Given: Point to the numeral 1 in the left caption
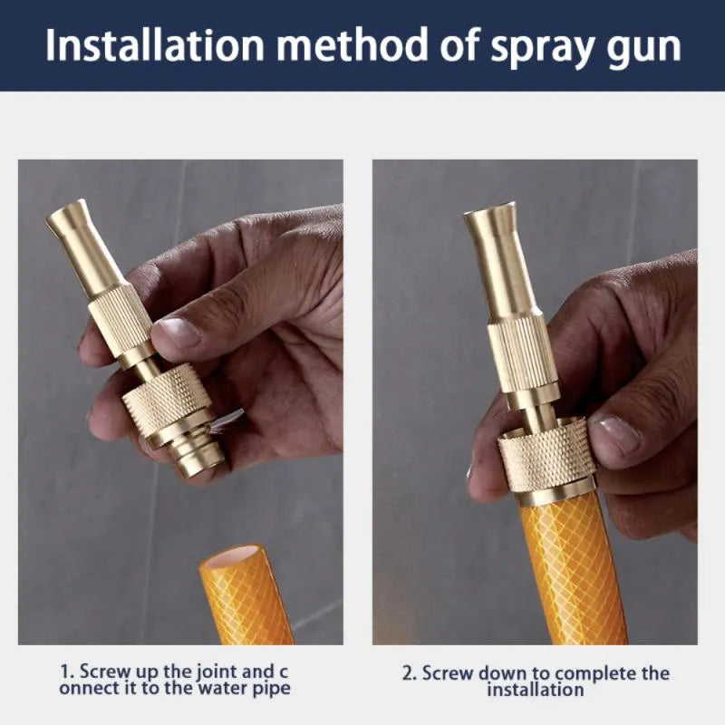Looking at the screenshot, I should tap(66, 672).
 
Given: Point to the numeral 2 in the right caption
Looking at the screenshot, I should tap(408, 673).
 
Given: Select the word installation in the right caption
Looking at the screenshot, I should tap(535, 690).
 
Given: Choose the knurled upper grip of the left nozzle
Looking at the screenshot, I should tap(121, 318).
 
